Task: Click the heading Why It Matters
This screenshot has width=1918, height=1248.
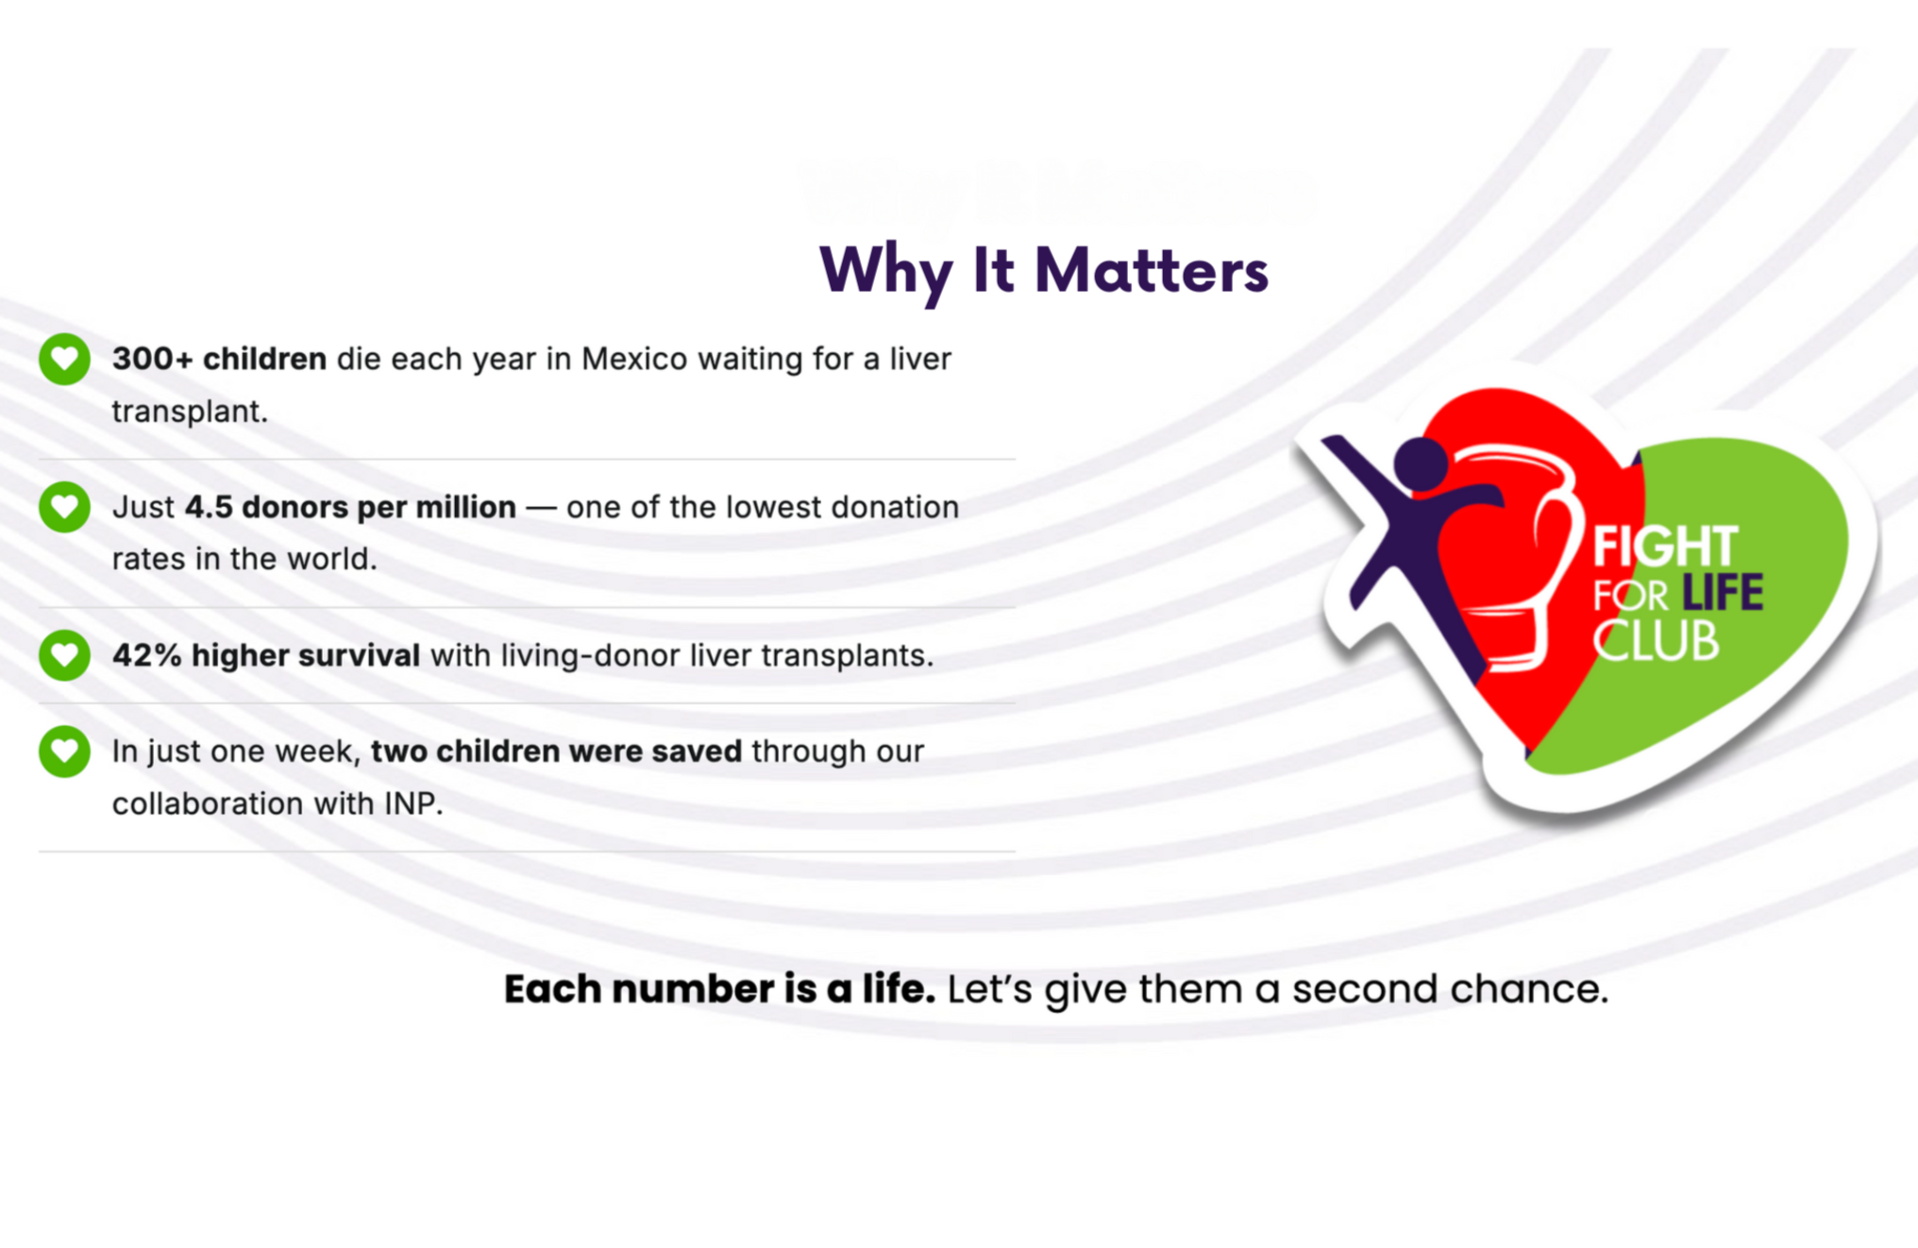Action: coord(1044,272)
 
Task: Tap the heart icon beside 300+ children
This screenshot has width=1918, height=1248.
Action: coord(64,359)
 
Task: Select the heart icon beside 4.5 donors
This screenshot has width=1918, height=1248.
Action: coord(64,507)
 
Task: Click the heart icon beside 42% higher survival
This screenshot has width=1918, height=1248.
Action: coord(64,655)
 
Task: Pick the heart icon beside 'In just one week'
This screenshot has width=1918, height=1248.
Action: coord(64,751)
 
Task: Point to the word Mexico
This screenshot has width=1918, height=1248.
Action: coord(633,359)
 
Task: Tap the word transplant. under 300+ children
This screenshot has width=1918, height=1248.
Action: coord(190,412)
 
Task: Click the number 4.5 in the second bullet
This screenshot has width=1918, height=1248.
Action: coord(209,507)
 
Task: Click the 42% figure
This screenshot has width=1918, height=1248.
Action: coord(147,655)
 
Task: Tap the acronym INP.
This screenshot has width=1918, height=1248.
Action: coord(412,803)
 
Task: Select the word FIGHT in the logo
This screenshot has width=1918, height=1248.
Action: coord(1666,547)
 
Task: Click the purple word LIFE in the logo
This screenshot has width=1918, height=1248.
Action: coord(1723,593)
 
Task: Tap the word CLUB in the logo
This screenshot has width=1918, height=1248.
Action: coord(1657,641)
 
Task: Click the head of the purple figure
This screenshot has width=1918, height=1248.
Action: coord(1421,464)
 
